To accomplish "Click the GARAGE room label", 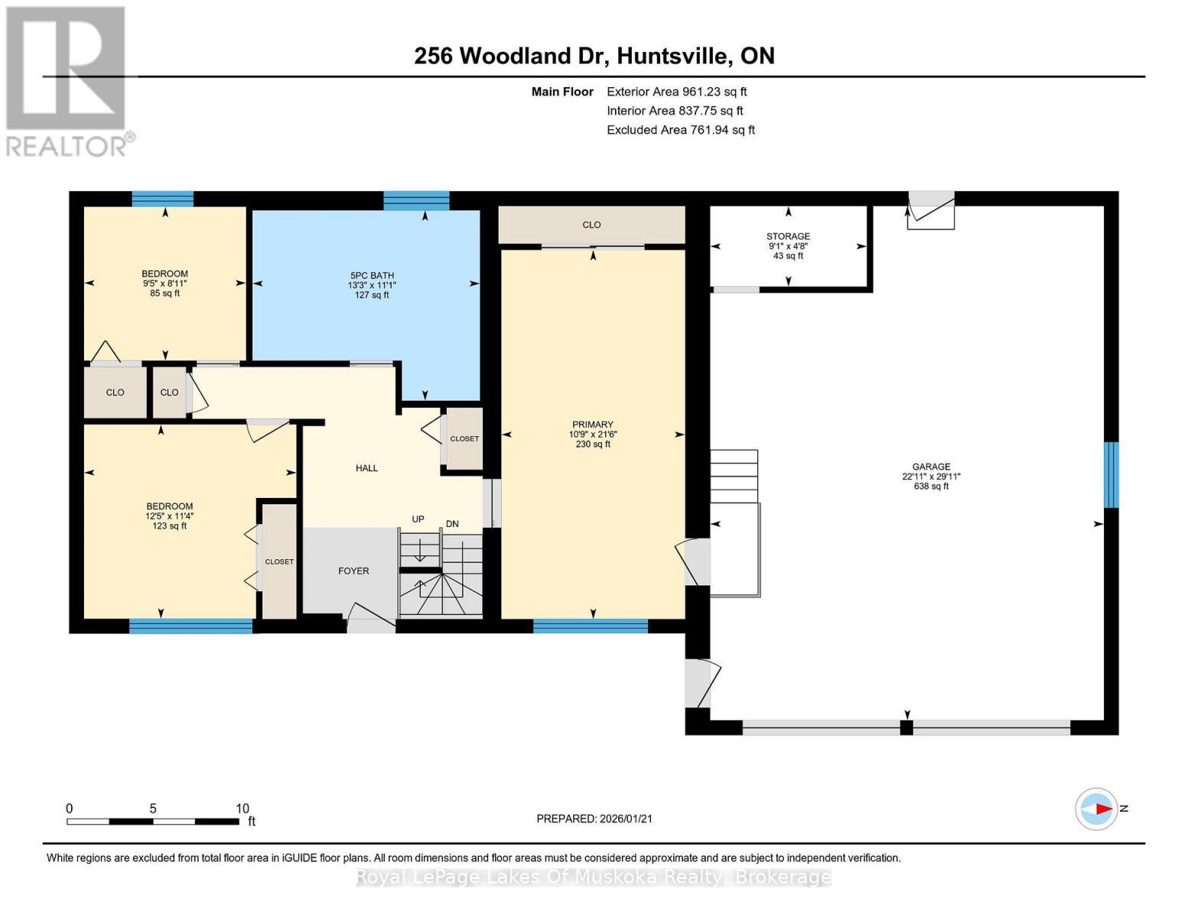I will (x=931, y=467).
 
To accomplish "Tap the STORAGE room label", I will (x=788, y=236).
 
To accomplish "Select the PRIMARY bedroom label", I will (x=593, y=425).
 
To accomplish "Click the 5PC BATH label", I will (x=372, y=275).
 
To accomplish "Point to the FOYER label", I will (x=353, y=571).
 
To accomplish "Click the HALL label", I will (x=366, y=468).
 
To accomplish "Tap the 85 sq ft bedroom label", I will (x=164, y=274).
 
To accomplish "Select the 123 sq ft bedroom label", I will (x=170, y=506).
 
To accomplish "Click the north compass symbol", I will (x=1097, y=809).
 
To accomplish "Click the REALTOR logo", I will (x=67, y=80).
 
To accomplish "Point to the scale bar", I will (x=153, y=822).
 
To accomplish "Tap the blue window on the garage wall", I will (x=1111, y=474).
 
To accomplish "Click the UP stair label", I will (x=418, y=519).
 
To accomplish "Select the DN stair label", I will (x=452, y=524).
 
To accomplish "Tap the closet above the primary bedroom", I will (x=591, y=225).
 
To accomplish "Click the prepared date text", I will (x=594, y=819).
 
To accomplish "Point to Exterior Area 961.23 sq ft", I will (x=676, y=92).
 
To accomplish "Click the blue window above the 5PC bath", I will (x=416, y=201).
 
